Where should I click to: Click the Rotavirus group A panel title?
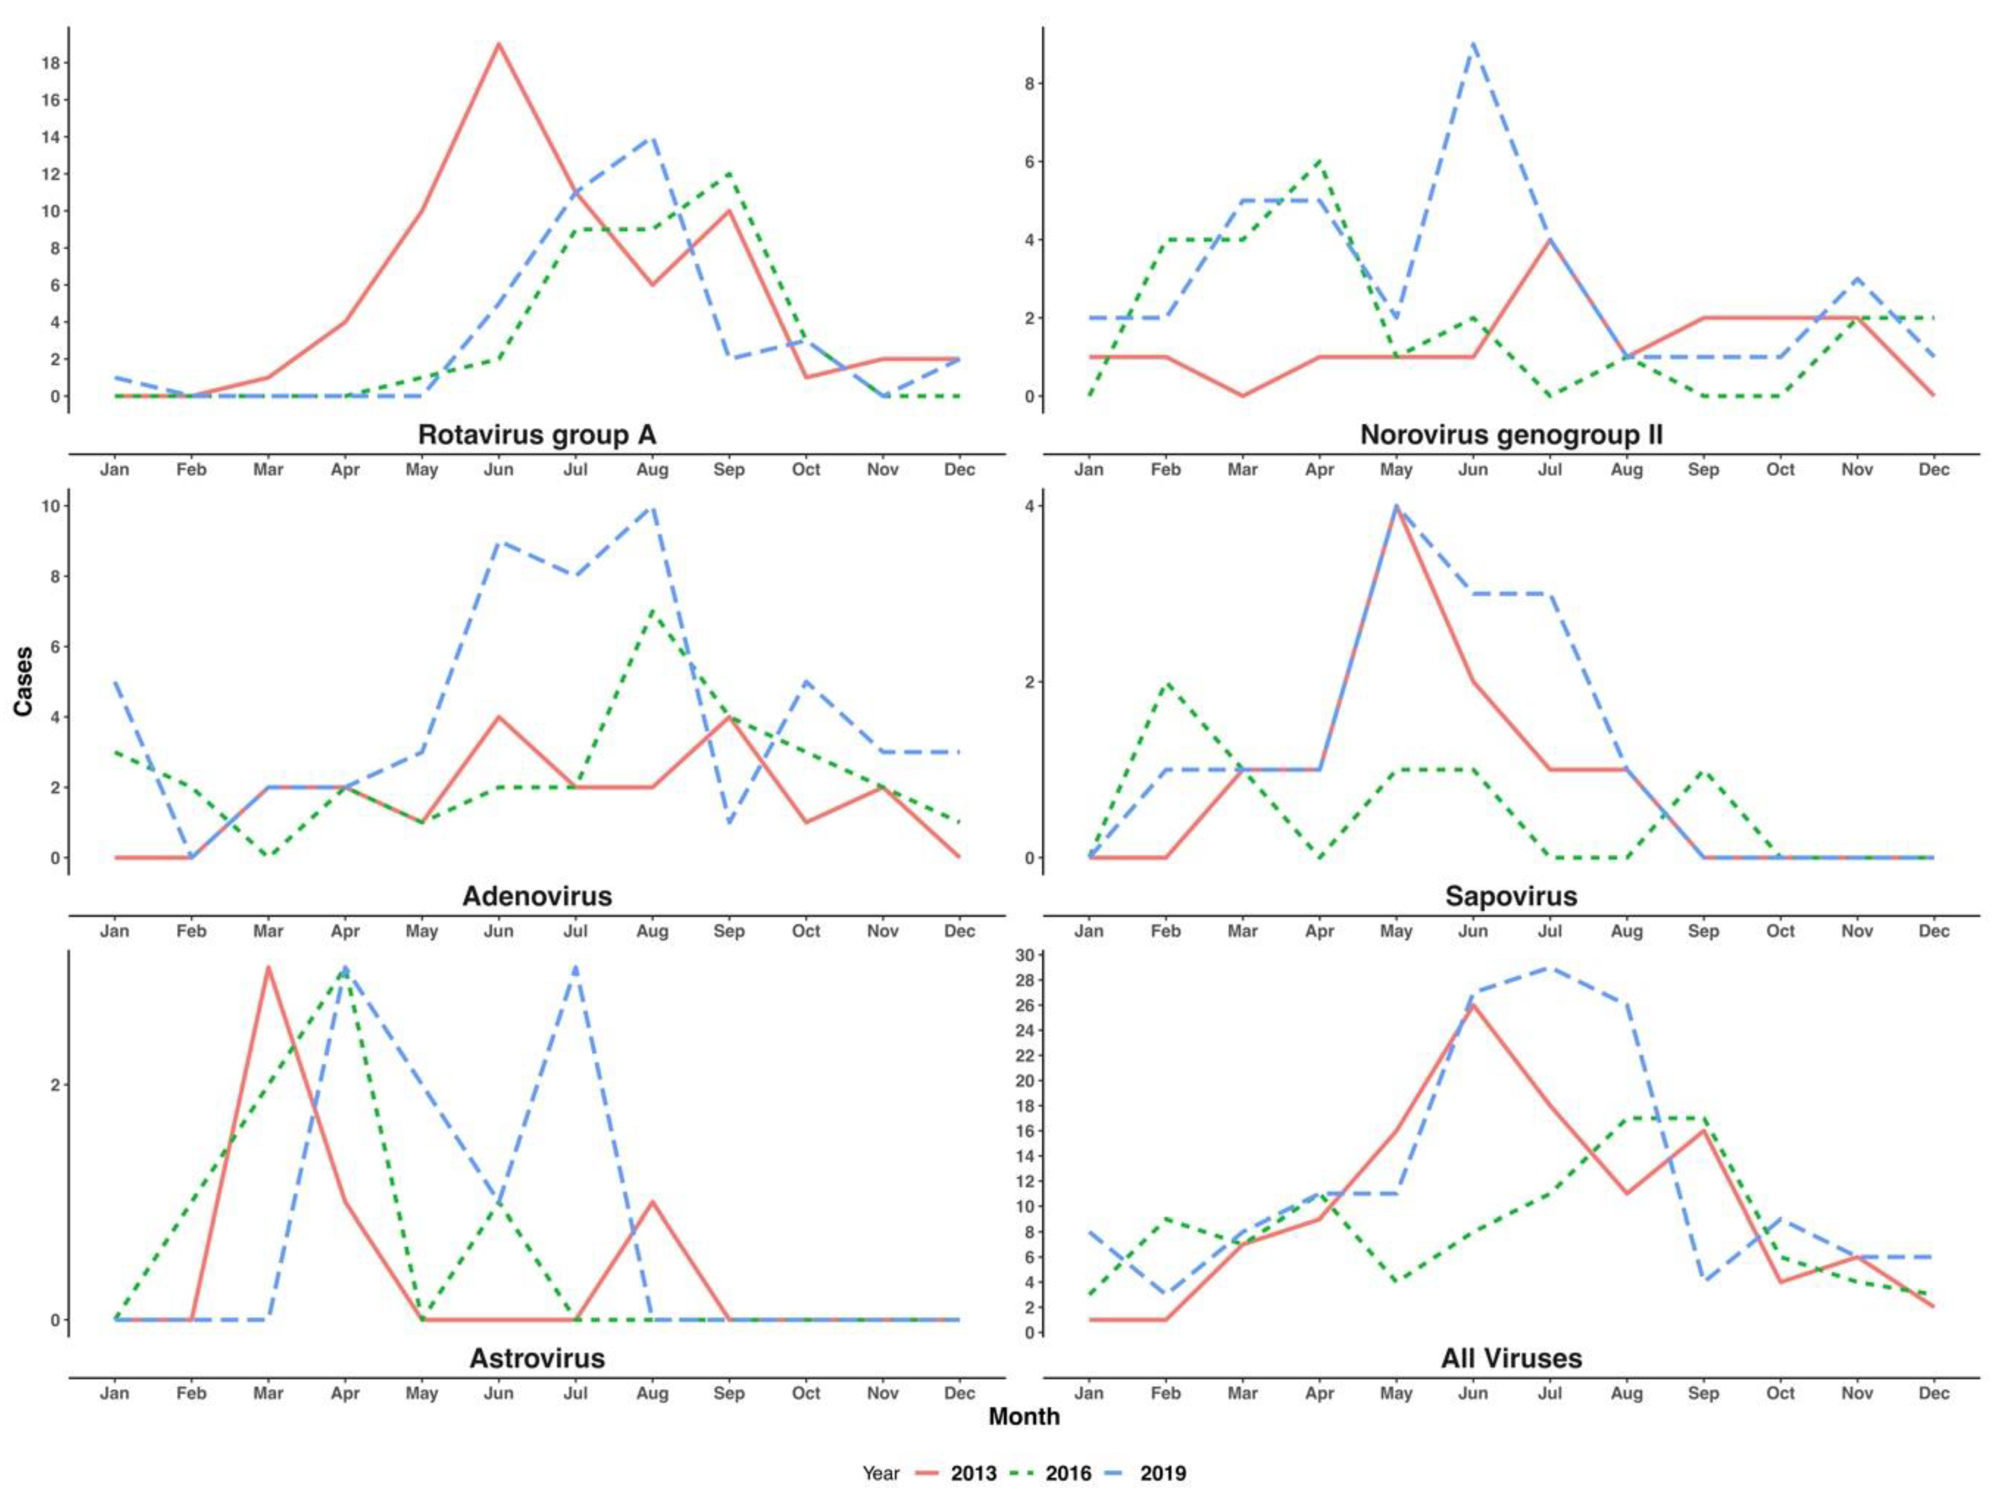pyautogui.click(x=536, y=435)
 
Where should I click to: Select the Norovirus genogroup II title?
pyautogui.click(x=1511, y=435)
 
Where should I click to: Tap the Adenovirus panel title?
pyautogui.click(x=536, y=896)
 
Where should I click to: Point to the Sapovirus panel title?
pyautogui.click(x=1511, y=896)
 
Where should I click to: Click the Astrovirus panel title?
pyautogui.click(x=536, y=1358)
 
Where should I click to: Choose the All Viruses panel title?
pyautogui.click(x=1511, y=1358)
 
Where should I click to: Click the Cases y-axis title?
pyautogui.click(x=24, y=681)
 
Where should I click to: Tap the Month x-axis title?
pyautogui.click(x=1024, y=1416)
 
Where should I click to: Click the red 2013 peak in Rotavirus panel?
pyautogui.click(x=498, y=44)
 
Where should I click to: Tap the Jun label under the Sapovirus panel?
pyautogui.click(x=1473, y=931)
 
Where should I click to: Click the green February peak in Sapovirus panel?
pyautogui.click(x=1165, y=682)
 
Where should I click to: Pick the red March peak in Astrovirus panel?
pyautogui.click(x=268, y=967)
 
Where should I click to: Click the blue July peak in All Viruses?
pyautogui.click(x=1550, y=967)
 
